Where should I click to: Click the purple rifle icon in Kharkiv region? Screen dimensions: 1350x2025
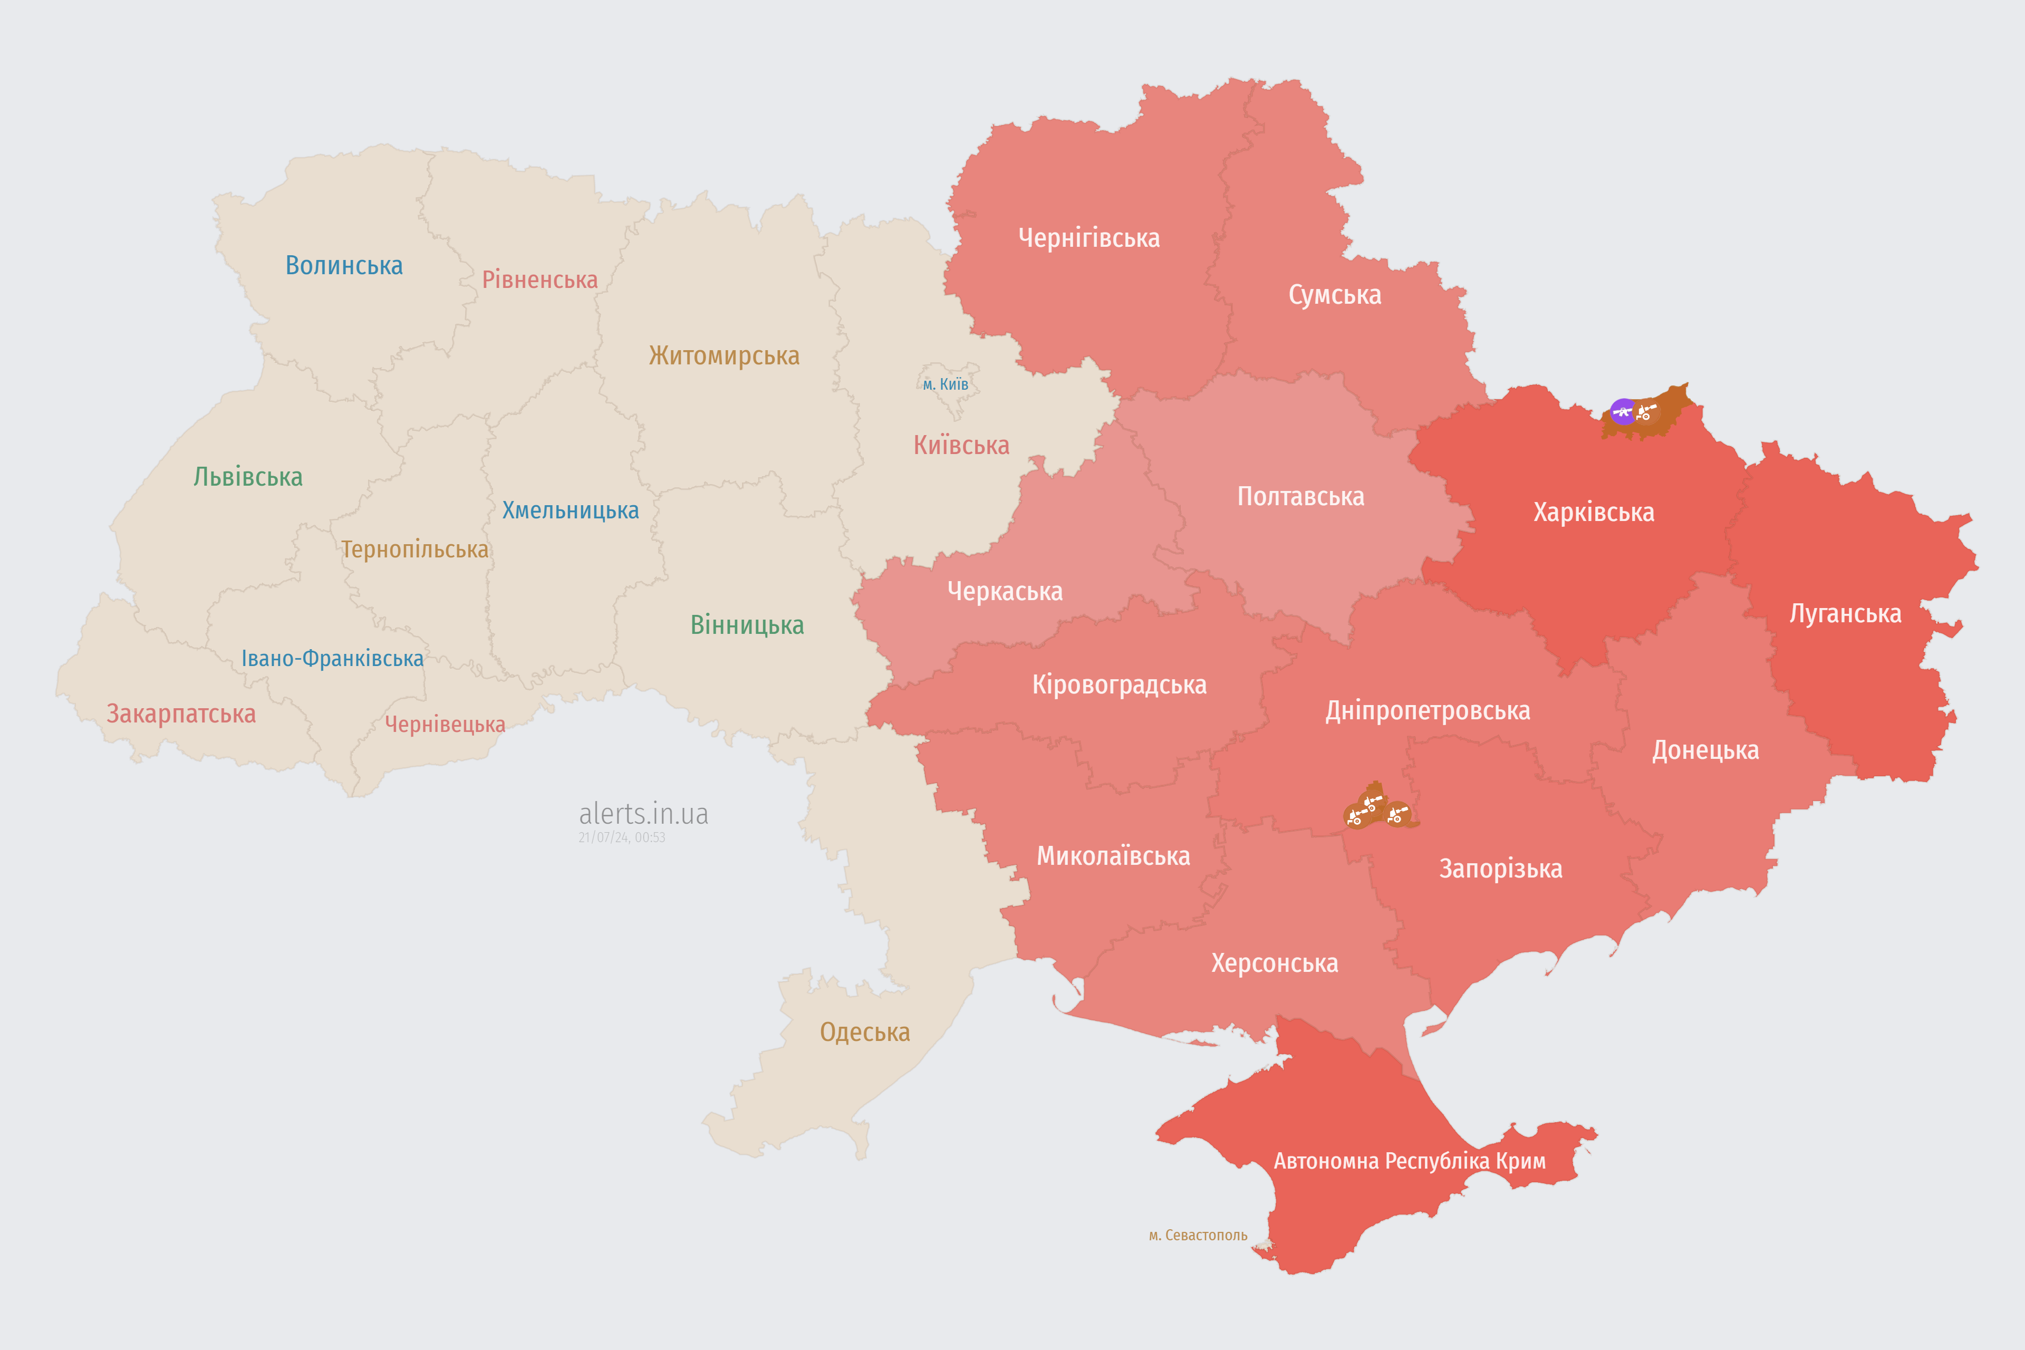[x=1623, y=411]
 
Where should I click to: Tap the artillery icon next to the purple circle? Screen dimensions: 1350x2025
[x=1646, y=411]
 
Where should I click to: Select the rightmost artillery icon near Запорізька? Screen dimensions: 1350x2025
[x=1398, y=814]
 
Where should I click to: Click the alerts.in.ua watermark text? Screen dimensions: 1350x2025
[x=643, y=814]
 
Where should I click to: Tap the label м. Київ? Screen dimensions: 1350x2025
[x=946, y=384]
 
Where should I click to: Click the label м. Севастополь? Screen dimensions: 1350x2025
[x=1198, y=1236]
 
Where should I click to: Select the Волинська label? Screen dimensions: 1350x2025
[x=343, y=265]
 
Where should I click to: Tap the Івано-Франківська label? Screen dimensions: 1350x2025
[x=332, y=659]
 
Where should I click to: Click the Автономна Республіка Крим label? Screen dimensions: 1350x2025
[x=1410, y=1161]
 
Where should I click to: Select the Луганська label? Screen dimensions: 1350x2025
[x=1845, y=614]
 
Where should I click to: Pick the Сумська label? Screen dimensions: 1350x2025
[x=1335, y=295]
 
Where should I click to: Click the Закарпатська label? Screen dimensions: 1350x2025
[x=181, y=713]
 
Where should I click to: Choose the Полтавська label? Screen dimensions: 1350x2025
[x=1300, y=497]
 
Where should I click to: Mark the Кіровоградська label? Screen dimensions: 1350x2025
[x=1119, y=686]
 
